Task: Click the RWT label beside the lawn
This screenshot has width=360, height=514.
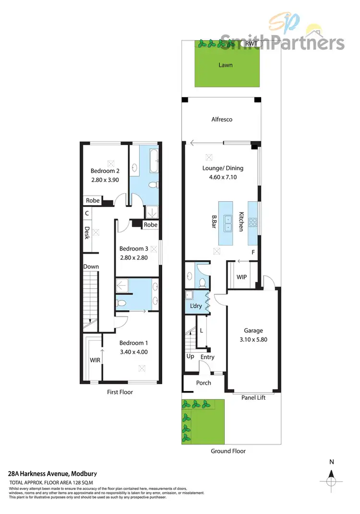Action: [x=251, y=44]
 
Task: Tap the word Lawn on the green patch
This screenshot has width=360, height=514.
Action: [x=226, y=64]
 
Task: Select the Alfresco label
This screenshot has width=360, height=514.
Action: [x=222, y=119]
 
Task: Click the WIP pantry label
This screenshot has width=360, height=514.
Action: [x=242, y=278]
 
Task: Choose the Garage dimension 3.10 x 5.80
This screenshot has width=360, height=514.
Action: [x=253, y=339]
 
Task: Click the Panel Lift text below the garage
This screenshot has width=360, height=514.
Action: [x=253, y=397]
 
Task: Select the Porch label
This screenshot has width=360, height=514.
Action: [x=204, y=383]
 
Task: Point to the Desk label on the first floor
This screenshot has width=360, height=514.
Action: [x=87, y=233]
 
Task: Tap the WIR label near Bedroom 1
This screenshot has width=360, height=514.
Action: [x=95, y=359]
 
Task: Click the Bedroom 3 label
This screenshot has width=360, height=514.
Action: [x=133, y=248]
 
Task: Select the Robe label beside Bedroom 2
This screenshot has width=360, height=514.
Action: [x=93, y=201]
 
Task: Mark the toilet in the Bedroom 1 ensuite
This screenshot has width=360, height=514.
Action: [x=122, y=304]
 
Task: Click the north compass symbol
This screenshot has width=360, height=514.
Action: [x=331, y=480]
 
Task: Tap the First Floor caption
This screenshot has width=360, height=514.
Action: [x=120, y=392]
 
